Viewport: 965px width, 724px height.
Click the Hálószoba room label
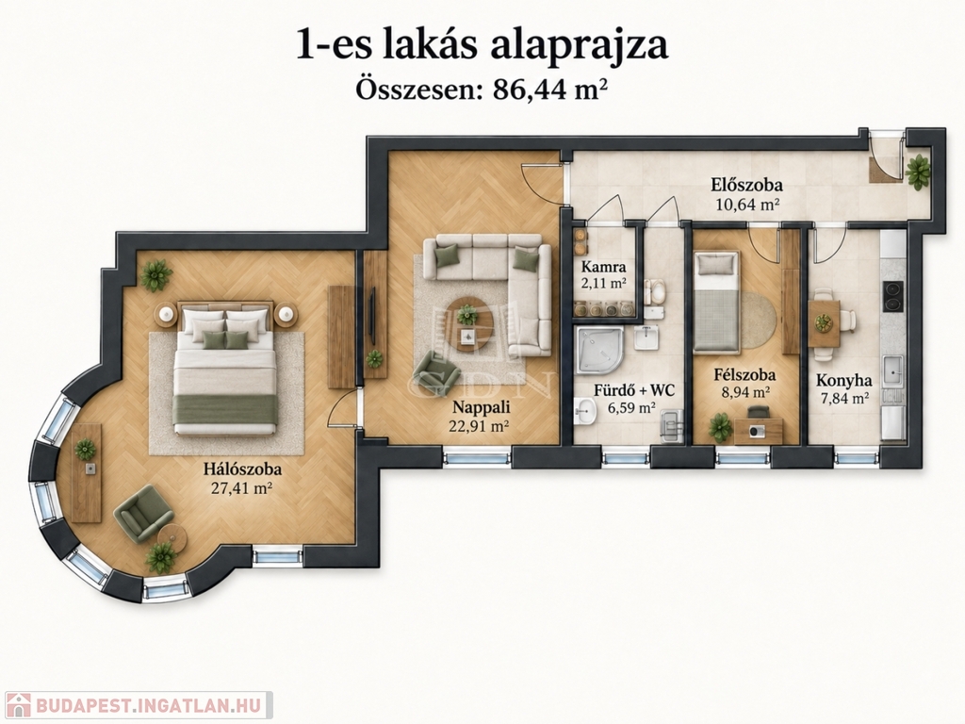pos(242,469)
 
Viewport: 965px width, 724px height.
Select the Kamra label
pos(603,267)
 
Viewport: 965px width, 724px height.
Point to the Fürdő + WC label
pos(634,390)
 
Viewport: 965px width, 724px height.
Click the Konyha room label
pos(843,381)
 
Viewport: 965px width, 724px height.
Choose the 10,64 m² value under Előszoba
pos(747,204)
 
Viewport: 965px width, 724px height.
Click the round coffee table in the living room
pos(469,323)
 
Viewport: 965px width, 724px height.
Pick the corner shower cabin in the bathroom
pos(599,351)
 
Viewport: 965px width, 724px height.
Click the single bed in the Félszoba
pos(716,302)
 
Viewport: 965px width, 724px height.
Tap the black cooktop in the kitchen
pos(893,297)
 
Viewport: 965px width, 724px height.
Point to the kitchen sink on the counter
pos(892,370)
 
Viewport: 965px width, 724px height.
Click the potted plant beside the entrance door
pos(918,172)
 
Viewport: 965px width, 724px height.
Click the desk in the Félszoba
pos(759,431)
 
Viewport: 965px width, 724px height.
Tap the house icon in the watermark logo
pos(19,705)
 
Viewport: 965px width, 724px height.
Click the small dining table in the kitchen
pos(824,323)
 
